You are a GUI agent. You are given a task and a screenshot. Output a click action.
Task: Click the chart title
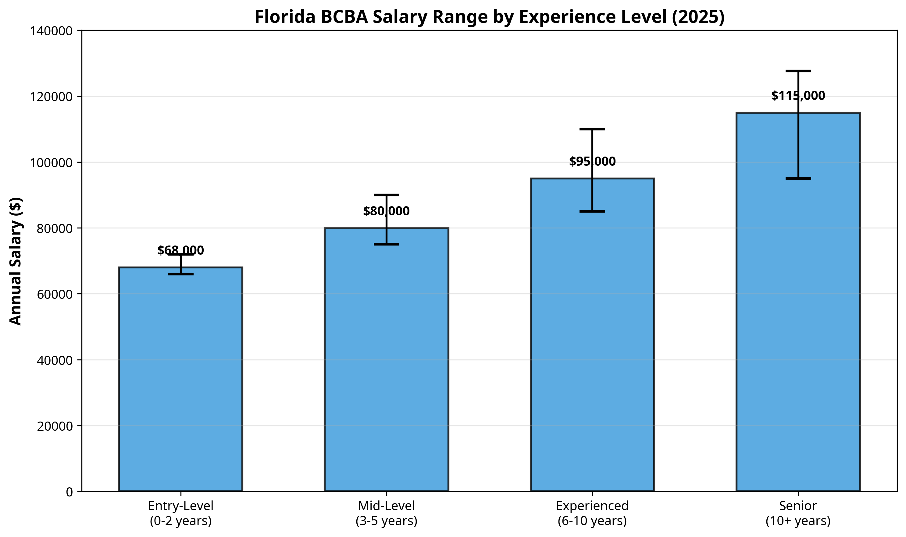point(489,17)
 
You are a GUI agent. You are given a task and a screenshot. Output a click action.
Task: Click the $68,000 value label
point(180,250)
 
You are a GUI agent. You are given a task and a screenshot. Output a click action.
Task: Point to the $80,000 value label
point(386,211)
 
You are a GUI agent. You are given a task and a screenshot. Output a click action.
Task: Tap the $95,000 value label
point(592,161)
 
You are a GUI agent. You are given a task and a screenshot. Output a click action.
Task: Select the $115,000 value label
point(798,96)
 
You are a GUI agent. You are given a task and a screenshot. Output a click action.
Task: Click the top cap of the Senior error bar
point(798,71)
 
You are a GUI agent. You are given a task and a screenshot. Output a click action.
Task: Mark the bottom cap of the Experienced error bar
point(592,211)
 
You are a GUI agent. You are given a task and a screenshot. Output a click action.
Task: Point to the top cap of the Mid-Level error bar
point(386,195)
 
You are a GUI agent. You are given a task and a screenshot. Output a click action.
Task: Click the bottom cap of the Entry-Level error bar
point(180,274)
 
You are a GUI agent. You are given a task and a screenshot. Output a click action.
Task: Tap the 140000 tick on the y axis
point(51,31)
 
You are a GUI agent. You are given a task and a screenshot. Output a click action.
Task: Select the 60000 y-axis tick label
point(55,294)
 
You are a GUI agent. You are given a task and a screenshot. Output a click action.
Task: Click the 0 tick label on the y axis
point(69,492)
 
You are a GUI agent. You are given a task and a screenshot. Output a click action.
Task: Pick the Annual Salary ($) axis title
point(16,261)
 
